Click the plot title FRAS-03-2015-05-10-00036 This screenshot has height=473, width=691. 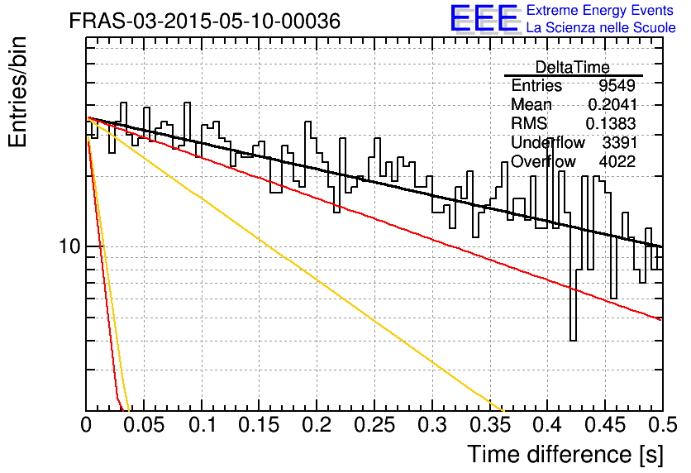(x=205, y=21)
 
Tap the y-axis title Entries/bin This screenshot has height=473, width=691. (x=17, y=92)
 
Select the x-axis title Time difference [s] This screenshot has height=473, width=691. (x=565, y=454)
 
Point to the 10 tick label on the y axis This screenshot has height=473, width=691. (x=69, y=246)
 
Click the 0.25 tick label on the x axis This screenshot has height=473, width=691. (x=374, y=425)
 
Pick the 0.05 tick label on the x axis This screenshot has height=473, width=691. (x=144, y=425)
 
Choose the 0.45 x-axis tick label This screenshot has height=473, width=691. (x=605, y=425)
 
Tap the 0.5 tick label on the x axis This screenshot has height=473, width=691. (x=662, y=425)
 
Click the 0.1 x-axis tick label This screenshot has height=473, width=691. (x=203, y=425)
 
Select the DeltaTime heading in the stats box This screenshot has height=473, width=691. (x=573, y=67)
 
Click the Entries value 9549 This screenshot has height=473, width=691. (x=617, y=85)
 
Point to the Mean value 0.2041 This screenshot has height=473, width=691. (x=612, y=104)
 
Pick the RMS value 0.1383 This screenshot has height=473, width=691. (x=611, y=123)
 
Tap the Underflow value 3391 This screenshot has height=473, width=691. (x=620, y=142)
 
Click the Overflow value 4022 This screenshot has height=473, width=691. (x=617, y=161)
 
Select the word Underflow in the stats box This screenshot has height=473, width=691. (x=548, y=142)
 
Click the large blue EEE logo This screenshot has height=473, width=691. (x=484, y=18)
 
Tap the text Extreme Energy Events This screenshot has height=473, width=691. (x=600, y=10)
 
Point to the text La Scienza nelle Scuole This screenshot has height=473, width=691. (x=601, y=27)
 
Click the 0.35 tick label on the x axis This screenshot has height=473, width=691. (x=489, y=425)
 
